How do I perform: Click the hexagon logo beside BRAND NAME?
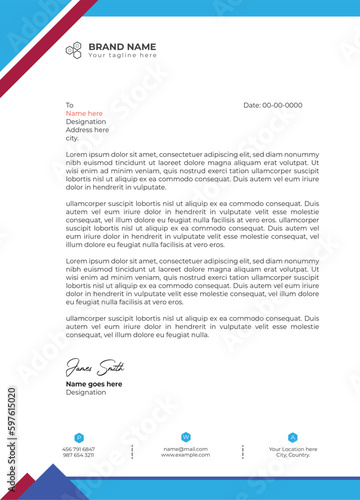[x=74, y=50]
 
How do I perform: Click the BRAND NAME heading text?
[x=122, y=46]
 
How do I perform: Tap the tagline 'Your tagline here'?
[x=121, y=56]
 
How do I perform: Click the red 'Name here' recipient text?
[x=85, y=113]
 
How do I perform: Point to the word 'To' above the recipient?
[x=70, y=105]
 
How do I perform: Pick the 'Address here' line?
[x=87, y=129]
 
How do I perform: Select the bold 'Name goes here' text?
[x=94, y=384]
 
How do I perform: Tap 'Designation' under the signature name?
[x=85, y=392]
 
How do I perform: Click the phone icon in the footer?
[x=78, y=437]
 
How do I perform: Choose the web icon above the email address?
[x=185, y=437]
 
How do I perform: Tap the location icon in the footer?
[x=292, y=437]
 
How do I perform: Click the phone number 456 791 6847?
[x=78, y=449]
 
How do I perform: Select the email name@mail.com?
[x=185, y=449]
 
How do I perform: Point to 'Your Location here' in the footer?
[x=292, y=449]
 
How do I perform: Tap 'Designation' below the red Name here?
[x=85, y=121]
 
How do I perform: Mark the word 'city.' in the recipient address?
[x=72, y=137]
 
